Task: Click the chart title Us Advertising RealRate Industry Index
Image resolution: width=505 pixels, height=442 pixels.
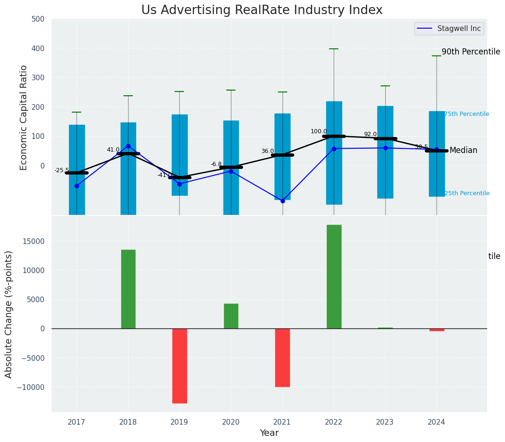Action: pyautogui.click(x=262, y=10)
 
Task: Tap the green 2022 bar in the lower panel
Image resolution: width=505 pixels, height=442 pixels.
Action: pyautogui.click(x=334, y=277)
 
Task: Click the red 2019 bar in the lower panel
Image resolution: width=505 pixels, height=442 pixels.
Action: pyautogui.click(x=179, y=366)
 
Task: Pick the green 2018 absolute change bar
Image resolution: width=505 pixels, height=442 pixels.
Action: pyautogui.click(x=128, y=289)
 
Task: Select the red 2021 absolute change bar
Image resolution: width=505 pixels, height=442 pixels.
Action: pyautogui.click(x=282, y=358)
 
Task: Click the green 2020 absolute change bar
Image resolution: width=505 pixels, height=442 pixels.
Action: pyautogui.click(x=231, y=316)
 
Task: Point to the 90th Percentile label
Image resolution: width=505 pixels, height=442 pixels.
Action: pyautogui.click(x=471, y=52)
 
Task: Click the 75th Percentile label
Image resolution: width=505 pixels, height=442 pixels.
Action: pyautogui.click(x=467, y=114)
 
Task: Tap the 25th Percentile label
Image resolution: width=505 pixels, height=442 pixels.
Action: pyautogui.click(x=467, y=193)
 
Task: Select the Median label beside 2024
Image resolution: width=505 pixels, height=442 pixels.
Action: pyautogui.click(x=463, y=151)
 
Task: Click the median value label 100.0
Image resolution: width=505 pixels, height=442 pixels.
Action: pyautogui.click(x=319, y=132)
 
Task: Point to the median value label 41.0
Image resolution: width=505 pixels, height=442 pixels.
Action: pyautogui.click(x=113, y=150)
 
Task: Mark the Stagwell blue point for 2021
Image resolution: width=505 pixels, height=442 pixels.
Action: pyautogui.click(x=283, y=201)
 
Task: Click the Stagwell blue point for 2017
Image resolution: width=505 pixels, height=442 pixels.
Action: pyautogui.click(x=77, y=186)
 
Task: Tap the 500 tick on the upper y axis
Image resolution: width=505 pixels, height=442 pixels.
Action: pyautogui.click(x=38, y=19)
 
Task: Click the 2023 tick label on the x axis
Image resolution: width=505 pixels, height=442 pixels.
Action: pyautogui.click(x=385, y=422)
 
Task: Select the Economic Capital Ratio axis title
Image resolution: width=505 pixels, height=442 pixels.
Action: pyautogui.click(x=24, y=117)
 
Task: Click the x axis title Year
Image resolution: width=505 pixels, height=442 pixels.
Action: pyautogui.click(x=269, y=433)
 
